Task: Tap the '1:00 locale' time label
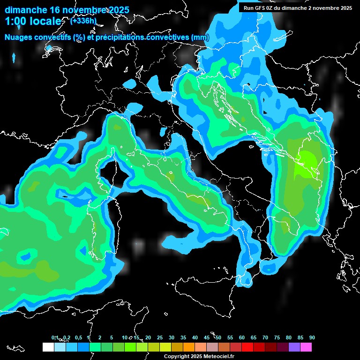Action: pyautogui.click(x=33, y=21)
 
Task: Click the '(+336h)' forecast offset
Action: pyautogui.click(x=83, y=21)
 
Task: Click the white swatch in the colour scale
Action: pyautogui.click(x=48, y=347)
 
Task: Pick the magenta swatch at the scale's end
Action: pyautogui.click(x=306, y=347)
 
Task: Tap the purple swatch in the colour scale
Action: pyautogui.click(x=294, y=347)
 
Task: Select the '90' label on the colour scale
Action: pyautogui.click(x=312, y=338)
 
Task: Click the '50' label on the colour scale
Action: pyautogui.click(x=218, y=338)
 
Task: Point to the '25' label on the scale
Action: pyautogui.click(x=160, y=338)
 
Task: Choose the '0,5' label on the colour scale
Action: pyautogui.click(x=78, y=338)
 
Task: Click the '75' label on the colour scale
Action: pyautogui.click(x=277, y=338)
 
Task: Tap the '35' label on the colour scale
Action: pyautogui.click(x=183, y=338)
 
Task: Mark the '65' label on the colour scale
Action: pyautogui.click(x=253, y=338)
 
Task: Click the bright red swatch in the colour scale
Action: pyautogui.click(x=247, y=347)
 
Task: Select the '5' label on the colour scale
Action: pyautogui.click(x=112, y=338)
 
